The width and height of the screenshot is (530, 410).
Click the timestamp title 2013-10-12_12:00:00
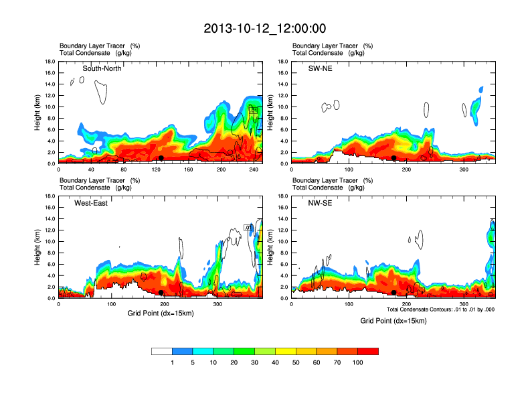click(x=264, y=29)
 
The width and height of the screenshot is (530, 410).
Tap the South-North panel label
click(x=102, y=68)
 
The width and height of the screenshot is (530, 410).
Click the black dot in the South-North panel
click(x=161, y=158)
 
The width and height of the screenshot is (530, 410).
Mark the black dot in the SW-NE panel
click(x=394, y=158)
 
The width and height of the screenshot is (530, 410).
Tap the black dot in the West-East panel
click(x=161, y=293)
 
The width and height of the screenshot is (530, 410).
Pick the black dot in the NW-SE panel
click(x=394, y=293)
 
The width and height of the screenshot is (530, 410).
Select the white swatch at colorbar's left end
click(x=161, y=351)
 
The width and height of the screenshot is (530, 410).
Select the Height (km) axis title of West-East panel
click(x=39, y=247)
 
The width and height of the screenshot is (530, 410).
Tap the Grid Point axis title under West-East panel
click(x=160, y=313)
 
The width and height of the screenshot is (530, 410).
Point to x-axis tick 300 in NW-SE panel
click(x=464, y=304)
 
